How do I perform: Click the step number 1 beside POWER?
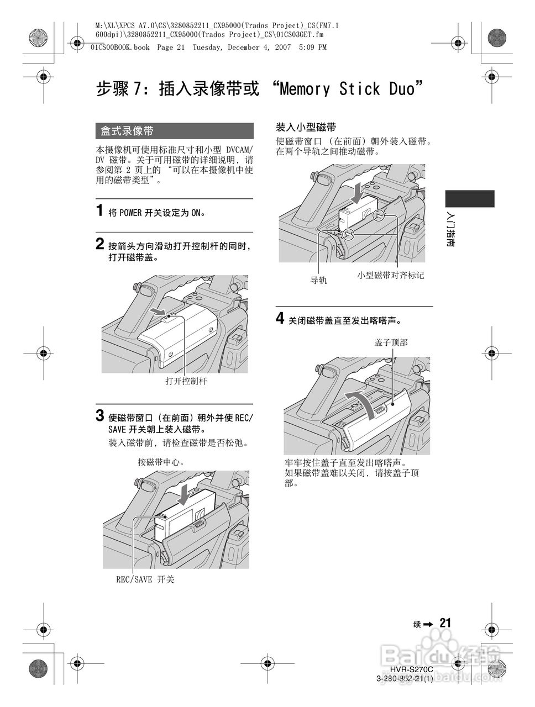click(99, 211)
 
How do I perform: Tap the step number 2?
click(99, 244)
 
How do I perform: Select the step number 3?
click(100, 415)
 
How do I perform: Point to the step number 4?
click(280, 319)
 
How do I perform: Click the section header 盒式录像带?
click(127, 131)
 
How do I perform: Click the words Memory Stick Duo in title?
click(347, 89)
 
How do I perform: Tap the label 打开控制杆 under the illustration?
click(186, 382)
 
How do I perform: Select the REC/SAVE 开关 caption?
click(144, 580)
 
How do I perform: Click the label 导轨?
click(318, 280)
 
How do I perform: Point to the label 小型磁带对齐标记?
click(391, 275)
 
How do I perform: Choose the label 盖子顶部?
click(391, 343)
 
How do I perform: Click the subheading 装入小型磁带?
click(306, 126)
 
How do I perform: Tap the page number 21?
click(445, 623)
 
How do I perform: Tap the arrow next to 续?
click(429, 624)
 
